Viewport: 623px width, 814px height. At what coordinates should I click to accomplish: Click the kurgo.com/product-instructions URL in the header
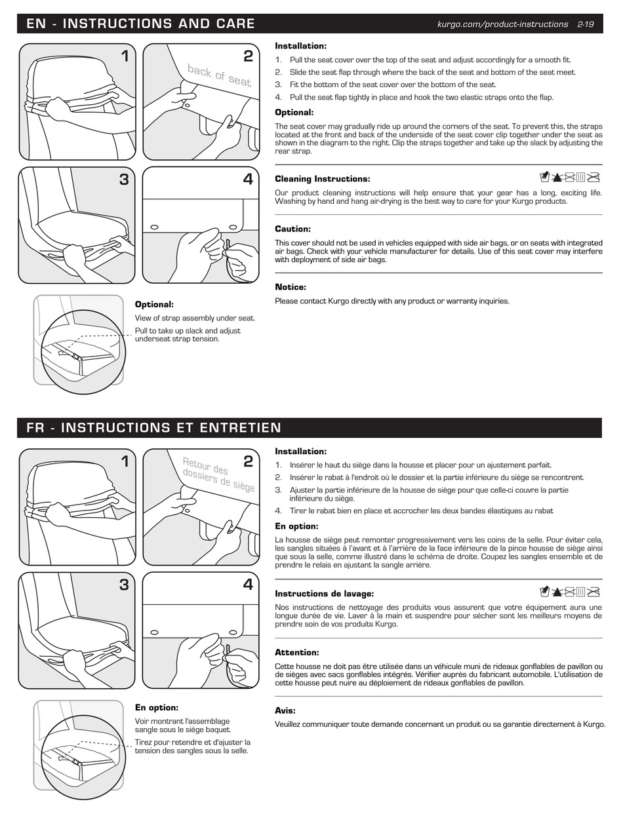[x=502, y=24]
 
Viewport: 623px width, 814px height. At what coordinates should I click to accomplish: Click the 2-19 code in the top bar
[x=585, y=24]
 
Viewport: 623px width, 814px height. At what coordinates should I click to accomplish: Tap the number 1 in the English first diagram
[x=124, y=57]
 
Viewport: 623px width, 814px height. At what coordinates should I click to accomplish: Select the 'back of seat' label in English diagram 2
[x=219, y=75]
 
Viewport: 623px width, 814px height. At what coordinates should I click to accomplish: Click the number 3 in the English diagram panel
[x=124, y=180]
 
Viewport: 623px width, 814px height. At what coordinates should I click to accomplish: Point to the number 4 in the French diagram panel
[x=247, y=585]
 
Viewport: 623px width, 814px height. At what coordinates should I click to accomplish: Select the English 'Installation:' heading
[x=300, y=46]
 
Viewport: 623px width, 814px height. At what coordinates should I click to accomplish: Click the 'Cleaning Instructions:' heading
[x=322, y=179]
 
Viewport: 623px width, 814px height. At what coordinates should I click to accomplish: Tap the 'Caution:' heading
[x=292, y=229]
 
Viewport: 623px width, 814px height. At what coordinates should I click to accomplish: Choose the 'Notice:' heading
[x=291, y=287]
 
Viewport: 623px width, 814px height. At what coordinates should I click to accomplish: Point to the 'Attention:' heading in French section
[x=296, y=653]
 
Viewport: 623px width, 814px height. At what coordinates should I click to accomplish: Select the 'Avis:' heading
[x=285, y=710]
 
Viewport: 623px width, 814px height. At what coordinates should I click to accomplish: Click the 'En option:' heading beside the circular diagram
[x=157, y=708]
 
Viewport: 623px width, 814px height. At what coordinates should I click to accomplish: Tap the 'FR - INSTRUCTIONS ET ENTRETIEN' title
[x=154, y=428]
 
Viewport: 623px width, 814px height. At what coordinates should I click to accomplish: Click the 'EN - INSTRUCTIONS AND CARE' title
[x=140, y=24]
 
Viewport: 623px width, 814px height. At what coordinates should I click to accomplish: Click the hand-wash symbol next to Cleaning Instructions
[x=544, y=176]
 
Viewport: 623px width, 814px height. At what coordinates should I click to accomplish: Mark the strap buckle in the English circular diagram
[x=76, y=356]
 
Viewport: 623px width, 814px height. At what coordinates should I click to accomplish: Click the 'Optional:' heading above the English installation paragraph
[x=294, y=113]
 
